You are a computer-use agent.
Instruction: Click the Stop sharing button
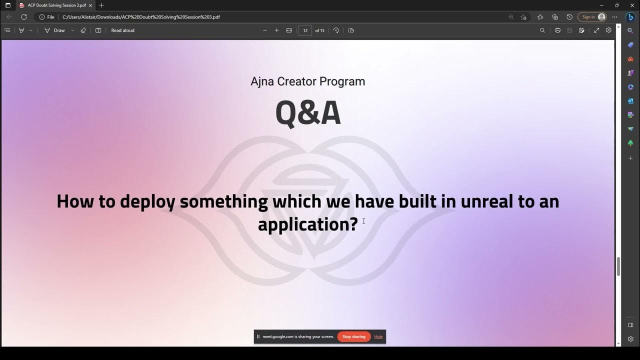click(354, 336)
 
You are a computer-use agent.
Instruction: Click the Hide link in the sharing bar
click(378, 336)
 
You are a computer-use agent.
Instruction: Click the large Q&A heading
click(308, 113)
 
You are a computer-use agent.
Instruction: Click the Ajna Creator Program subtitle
click(308, 81)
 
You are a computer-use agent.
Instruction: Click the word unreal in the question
click(487, 201)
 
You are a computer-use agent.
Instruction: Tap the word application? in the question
click(307, 224)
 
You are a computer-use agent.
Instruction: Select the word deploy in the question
click(147, 201)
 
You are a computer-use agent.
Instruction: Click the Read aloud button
click(122, 30)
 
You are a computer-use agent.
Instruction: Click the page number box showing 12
click(305, 30)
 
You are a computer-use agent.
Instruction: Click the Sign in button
click(592, 17)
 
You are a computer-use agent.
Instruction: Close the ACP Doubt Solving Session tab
click(90, 5)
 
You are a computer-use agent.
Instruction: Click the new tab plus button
click(101, 5)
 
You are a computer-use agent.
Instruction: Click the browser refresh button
click(23, 17)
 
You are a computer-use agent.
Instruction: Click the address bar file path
click(141, 17)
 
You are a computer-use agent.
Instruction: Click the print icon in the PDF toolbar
click(557, 30)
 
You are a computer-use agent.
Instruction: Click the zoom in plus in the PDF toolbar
click(276, 30)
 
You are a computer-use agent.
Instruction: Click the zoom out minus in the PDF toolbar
click(265, 30)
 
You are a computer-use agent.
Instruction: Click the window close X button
click(631, 5)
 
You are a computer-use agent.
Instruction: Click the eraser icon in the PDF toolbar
click(83, 30)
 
